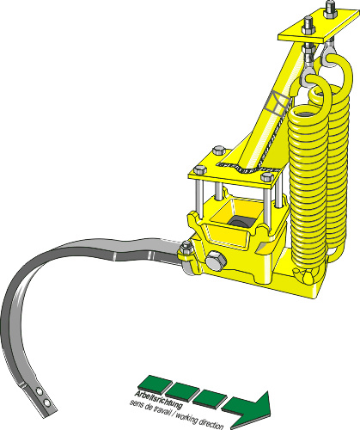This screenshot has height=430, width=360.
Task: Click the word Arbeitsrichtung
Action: pos(158,399)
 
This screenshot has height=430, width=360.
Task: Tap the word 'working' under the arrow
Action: pos(186,417)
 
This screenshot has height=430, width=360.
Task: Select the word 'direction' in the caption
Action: pos(211,423)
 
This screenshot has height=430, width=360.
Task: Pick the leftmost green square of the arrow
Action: pos(154,384)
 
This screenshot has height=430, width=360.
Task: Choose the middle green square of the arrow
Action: pos(182,390)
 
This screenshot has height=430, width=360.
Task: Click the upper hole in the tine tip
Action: pos(40,391)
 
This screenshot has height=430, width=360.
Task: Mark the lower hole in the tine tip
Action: pos(46,403)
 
